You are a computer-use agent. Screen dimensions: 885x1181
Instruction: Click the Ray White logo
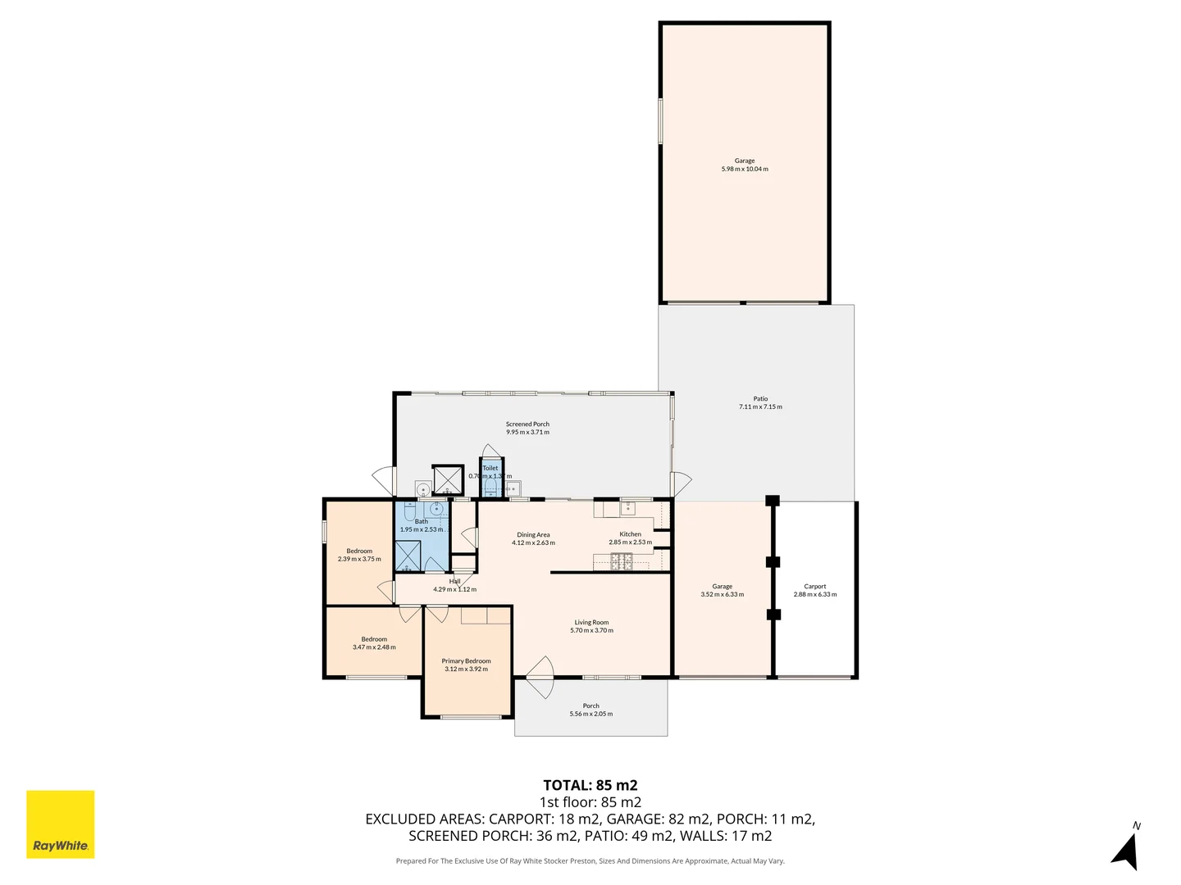(61, 824)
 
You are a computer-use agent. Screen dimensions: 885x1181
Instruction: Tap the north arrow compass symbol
(1127, 849)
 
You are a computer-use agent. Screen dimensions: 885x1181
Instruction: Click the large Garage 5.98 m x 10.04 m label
(745, 165)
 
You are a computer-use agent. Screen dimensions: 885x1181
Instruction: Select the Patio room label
(760, 402)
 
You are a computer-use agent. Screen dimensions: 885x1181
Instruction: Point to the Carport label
(815, 590)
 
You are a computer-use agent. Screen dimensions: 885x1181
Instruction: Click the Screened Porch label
(527, 428)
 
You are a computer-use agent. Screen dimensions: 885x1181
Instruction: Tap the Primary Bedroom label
(466, 665)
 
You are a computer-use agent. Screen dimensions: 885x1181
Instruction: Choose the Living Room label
(591, 626)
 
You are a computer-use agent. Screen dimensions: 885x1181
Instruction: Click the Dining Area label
(533, 538)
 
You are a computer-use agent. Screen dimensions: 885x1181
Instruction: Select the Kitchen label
(630, 538)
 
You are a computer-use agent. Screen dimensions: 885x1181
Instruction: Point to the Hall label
(454, 585)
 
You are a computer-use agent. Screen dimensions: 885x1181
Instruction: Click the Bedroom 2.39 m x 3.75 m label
(359, 555)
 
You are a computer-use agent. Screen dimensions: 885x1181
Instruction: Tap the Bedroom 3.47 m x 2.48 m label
(374, 643)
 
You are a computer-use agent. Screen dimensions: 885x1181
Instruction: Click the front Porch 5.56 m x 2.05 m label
(590, 710)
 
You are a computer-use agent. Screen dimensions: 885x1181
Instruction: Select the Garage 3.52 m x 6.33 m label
(722, 590)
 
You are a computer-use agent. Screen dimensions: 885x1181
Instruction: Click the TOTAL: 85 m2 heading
(590, 785)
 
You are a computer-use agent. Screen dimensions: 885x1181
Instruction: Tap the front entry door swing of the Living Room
(541, 677)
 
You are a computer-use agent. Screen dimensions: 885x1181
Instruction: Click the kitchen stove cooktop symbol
(621, 561)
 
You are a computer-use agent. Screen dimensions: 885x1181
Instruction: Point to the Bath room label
(421, 525)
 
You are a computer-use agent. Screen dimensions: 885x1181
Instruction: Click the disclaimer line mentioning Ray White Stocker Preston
(590, 861)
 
